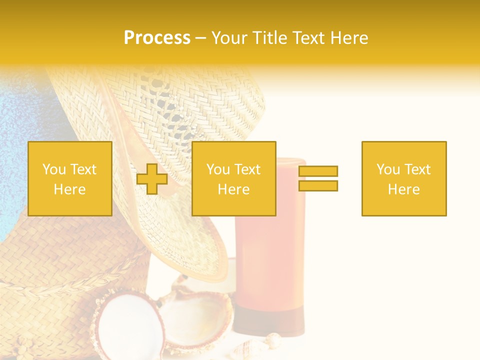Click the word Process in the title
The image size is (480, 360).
tap(157, 38)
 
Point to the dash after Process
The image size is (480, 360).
tap(201, 38)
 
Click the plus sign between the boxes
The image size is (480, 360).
tap(152, 178)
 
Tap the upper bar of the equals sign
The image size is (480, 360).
tap(318, 171)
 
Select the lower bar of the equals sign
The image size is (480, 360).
tap(318, 185)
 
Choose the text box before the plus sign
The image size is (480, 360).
tap(69, 178)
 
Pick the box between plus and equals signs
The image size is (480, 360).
tap(233, 178)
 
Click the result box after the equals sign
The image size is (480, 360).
tap(403, 178)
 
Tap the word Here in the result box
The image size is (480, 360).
tap(403, 189)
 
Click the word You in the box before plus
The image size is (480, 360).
tap(53, 169)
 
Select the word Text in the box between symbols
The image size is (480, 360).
tap(247, 169)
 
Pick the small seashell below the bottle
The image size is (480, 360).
tap(272, 341)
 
